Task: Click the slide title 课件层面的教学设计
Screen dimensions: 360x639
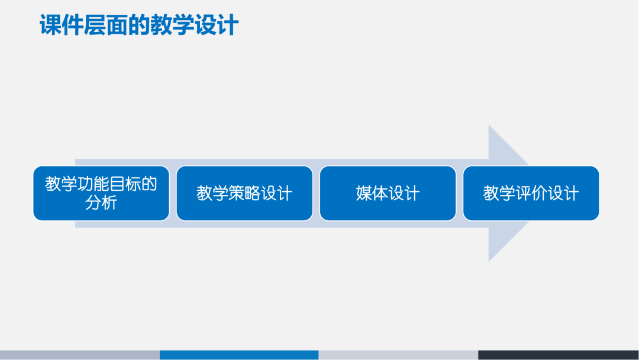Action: click(139, 25)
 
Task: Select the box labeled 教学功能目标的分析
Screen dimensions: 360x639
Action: click(101, 193)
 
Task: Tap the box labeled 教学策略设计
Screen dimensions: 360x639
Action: click(244, 193)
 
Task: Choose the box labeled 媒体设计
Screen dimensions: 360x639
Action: click(388, 193)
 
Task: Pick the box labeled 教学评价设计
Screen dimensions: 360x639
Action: click(531, 193)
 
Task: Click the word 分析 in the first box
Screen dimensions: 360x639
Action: click(101, 202)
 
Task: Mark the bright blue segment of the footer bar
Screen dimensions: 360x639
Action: click(239, 355)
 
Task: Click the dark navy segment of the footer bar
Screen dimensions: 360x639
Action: click(558, 355)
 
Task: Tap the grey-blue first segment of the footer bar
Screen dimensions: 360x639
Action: click(80, 355)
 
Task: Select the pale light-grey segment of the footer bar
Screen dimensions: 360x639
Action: click(398, 355)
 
